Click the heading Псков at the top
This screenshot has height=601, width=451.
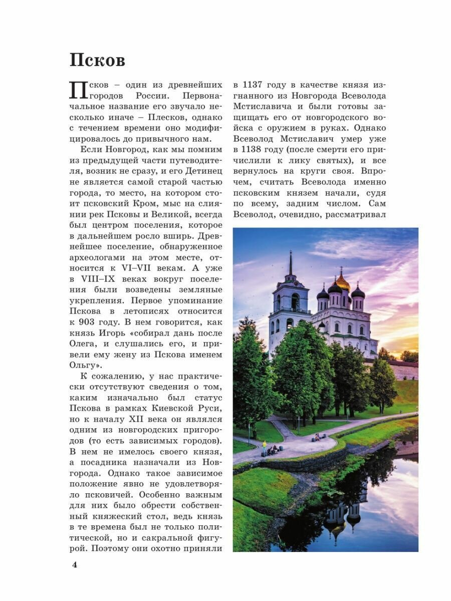click(x=97, y=61)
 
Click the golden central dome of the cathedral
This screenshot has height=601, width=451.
click(x=343, y=281)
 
